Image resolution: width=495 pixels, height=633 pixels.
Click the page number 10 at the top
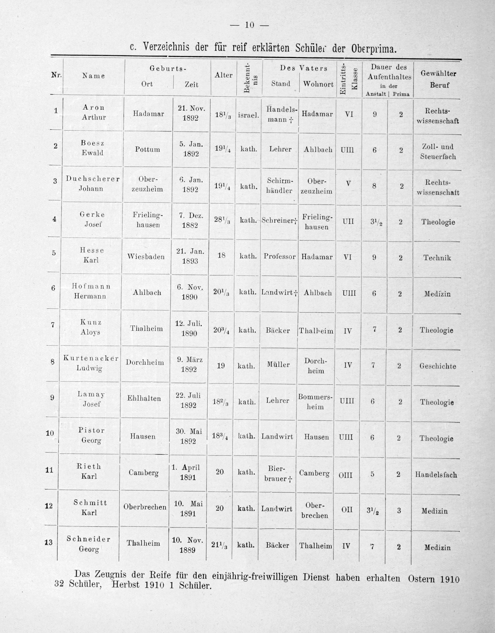click(x=249, y=25)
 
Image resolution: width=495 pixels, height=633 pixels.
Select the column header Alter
click(x=223, y=75)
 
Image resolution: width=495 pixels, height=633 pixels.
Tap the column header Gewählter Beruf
click(x=438, y=79)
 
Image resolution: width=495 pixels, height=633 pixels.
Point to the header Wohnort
click(x=318, y=84)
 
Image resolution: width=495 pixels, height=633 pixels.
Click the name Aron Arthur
click(x=94, y=112)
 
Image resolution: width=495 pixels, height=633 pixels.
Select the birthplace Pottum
click(x=148, y=149)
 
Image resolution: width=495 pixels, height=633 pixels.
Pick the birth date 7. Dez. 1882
click(x=190, y=221)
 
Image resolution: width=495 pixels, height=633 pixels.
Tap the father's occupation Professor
click(x=280, y=256)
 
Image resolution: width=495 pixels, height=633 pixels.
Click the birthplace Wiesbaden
click(x=146, y=257)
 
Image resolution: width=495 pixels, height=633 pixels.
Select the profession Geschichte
click(x=438, y=366)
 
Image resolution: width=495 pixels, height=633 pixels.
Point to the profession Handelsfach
click(x=436, y=475)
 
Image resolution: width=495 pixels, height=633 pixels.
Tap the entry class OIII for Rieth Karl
click(x=345, y=475)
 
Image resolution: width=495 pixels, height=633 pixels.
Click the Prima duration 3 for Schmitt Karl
click(x=399, y=511)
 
